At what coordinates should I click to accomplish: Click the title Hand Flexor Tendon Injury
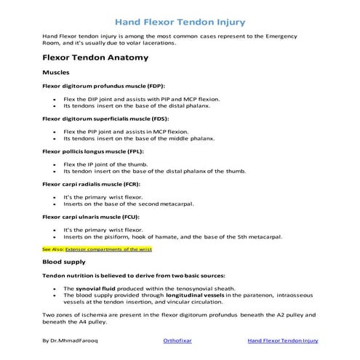[x=180, y=22]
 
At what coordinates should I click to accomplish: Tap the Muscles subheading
[x=57, y=73]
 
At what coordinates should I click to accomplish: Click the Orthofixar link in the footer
[x=180, y=340]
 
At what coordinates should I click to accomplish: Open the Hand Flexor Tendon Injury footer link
[x=284, y=340]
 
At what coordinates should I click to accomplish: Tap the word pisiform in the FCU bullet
[x=119, y=236]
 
